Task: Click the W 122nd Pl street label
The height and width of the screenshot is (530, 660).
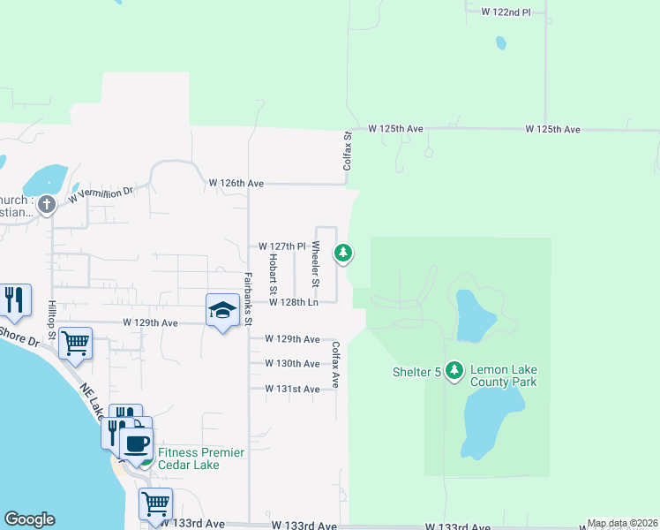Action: (x=506, y=12)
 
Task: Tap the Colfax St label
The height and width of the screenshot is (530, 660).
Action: (x=348, y=151)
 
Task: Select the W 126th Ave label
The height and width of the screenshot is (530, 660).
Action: (x=236, y=183)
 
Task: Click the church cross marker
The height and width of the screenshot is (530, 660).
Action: (x=47, y=205)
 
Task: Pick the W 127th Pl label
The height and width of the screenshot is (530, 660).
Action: (x=281, y=246)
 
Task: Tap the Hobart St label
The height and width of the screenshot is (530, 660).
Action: (x=274, y=275)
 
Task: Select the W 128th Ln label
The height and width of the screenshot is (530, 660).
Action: (x=293, y=302)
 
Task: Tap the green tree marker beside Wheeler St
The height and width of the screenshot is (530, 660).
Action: (x=343, y=254)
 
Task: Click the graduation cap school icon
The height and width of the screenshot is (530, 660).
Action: (x=222, y=310)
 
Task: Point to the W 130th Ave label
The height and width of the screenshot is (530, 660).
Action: (x=293, y=364)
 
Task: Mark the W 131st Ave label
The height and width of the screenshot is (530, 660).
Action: (x=293, y=389)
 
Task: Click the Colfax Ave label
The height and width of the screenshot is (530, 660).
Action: (x=336, y=367)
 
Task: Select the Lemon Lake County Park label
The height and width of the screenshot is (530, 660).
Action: (x=504, y=375)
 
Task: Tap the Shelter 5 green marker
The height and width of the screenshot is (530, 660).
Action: (x=454, y=370)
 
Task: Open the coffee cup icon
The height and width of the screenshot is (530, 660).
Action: (x=137, y=443)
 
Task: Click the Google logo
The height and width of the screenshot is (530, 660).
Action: (x=29, y=519)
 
